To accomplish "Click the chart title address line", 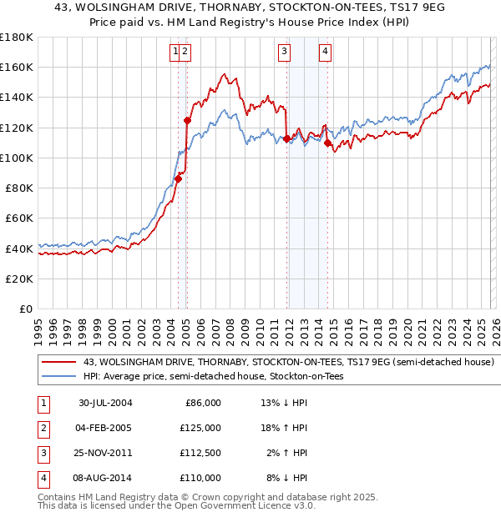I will pos(250,8).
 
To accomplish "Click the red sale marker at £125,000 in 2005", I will pos(187,120).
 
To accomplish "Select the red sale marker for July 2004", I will pos(179,178).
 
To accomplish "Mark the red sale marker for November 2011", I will pos(286,139).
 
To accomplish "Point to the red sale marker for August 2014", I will pos(327,143).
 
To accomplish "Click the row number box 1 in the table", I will pos(42,403).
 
